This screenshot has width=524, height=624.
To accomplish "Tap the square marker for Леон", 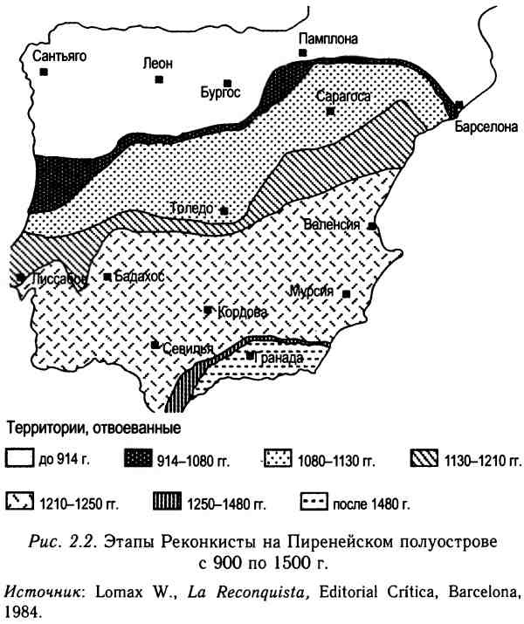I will (159, 79).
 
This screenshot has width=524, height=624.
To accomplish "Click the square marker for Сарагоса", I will (330, 112).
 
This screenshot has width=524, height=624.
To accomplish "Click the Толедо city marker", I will (224, 210).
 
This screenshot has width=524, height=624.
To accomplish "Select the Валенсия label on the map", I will (332, 224).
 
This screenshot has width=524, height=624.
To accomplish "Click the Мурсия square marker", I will (347, 294).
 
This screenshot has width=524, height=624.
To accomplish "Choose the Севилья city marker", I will (155, 345).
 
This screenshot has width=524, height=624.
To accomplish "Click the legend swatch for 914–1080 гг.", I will (139, 459).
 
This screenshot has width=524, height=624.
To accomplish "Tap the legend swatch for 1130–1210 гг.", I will (425, 459).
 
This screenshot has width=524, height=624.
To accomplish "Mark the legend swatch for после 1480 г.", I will (313, 503).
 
